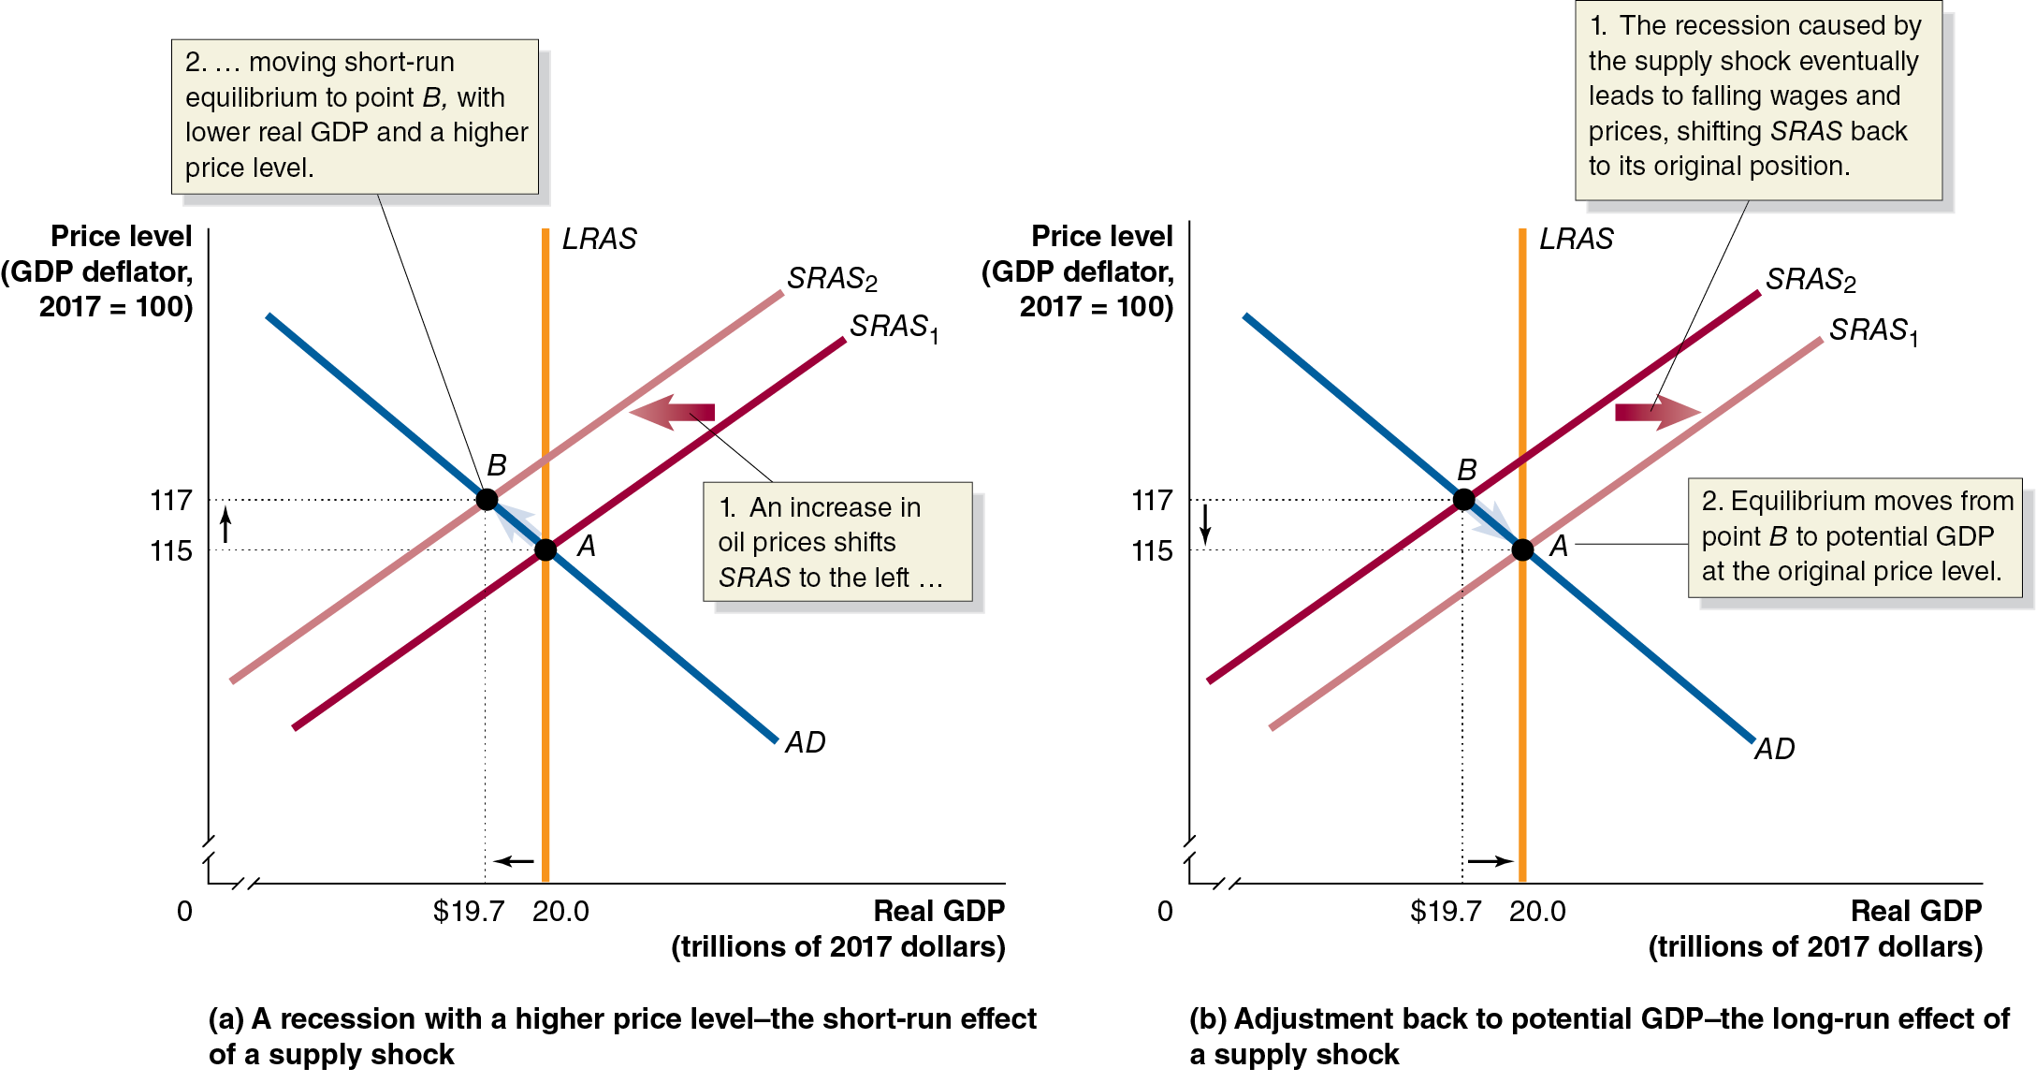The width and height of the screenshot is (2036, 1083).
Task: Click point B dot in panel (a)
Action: click(x=487, y=499)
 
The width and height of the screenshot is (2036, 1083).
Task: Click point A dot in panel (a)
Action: click(x=545, y=549)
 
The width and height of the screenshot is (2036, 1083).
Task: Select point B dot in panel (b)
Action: click(x=1463, y=499)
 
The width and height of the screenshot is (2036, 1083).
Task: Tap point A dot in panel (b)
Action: click(x=1522, y=549)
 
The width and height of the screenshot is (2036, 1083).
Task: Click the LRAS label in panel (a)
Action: click(x=599, y=240)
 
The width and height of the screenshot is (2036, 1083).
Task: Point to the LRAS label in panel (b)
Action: click(x=1577, y=240)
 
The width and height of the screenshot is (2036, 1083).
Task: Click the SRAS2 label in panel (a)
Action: click(x=832, y=279)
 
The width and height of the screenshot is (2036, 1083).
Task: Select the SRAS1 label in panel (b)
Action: click(x=1873, y=330)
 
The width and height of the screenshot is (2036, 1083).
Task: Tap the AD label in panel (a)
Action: click(x=805, y=743)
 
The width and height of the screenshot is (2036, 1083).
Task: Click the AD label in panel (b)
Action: click(x=1774, y=749)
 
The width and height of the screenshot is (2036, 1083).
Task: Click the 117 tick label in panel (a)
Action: click(x=171, y=501)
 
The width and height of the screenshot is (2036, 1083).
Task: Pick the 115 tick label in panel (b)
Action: click(x=1152, y=551)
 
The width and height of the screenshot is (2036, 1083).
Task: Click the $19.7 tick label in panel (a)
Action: click(x=468, y=912)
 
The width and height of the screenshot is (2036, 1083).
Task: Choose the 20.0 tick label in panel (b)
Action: click(x=1537, y=912)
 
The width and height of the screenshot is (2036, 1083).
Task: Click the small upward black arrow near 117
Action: click(x=225, y=524)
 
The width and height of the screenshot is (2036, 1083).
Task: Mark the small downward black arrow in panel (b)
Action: click(x=1205, y=524)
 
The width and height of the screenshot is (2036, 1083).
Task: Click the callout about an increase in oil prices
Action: click(x=837, y=542)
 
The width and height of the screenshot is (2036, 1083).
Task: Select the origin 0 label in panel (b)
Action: click(x=1165, y=912)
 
